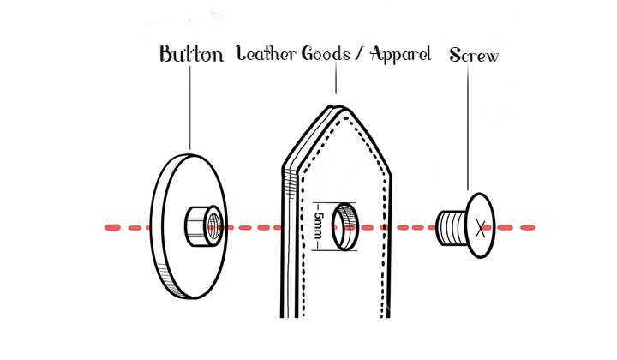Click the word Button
[x=191, y=56]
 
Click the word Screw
[x=474, y=56]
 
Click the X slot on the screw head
[x=482, y=227]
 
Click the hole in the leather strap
[x=345, y=226]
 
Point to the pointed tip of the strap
[x=337, y=108]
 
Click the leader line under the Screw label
[x=468, y=129]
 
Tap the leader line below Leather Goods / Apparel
[x=337, y=81]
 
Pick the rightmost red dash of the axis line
[x=524, y=227]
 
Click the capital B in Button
[x=167, y=56]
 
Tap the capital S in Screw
[x=455, y=56]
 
